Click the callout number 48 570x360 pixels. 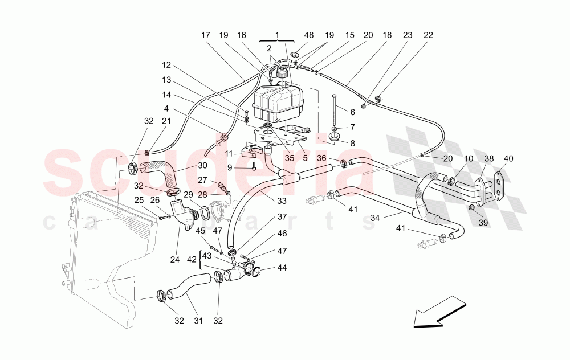309,35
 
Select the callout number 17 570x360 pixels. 205,35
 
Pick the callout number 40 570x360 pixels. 508,158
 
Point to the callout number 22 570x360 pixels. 429,35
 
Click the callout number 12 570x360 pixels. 166,65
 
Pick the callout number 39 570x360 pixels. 483,223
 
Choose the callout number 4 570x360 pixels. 166,108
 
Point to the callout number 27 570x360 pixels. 203,180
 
